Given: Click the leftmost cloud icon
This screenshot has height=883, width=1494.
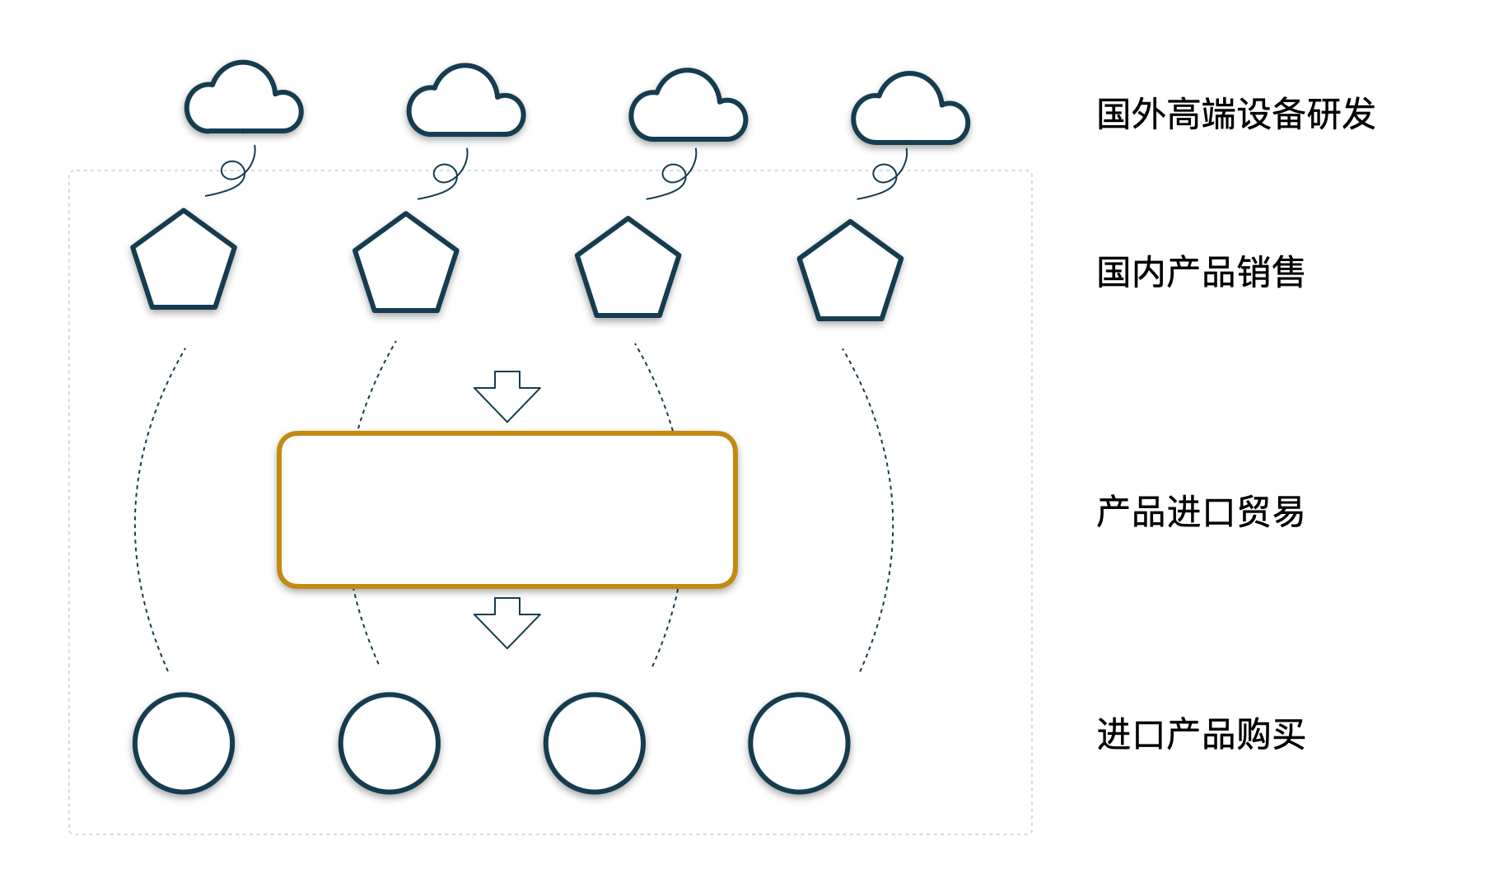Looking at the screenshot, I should pyautogui.click(x=244, y=100).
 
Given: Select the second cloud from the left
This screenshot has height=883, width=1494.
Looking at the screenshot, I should pyautogui.click(x=466, y=103).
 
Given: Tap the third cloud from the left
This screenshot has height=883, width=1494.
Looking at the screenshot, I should pyautogui.click(x=689, y=108).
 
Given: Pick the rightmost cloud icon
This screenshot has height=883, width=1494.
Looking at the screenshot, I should pyautogui.click(x=911, y=111).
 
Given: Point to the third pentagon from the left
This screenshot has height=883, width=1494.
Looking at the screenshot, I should pyautogui.click(x=628, y=269).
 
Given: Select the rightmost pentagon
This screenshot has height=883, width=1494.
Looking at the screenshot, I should pyautogui.click(x=851, y=273).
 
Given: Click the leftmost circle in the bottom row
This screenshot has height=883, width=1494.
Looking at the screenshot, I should pyautogui.click(x=184, y=743).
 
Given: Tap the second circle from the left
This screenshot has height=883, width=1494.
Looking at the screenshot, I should pyautogui.click(x=390, y=743).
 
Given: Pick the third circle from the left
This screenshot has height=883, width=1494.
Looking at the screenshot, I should pyautogui.click(x=595, y=743).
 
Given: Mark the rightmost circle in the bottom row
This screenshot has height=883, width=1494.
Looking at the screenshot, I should pyautogui.click(x=799, y=743).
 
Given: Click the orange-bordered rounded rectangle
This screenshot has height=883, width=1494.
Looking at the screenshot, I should pyautogui.click(x=507, y=510).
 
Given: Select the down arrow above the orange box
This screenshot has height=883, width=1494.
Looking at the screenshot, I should pyautogui.click(x=507, y=396).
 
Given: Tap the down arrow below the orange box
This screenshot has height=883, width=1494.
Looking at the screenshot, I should pyautogui.click(x=507, y=623).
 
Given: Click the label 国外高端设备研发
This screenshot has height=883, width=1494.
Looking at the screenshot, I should pyautogui.click(x=1235, y=114).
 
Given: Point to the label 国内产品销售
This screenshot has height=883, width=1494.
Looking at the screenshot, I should pyautogui.click(x=1201, y=273).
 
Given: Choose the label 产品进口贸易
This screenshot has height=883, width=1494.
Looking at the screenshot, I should pyautogui.click(x=1201, y=512).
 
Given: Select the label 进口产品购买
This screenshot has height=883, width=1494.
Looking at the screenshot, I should pyautogui.click(x=1201, y=734).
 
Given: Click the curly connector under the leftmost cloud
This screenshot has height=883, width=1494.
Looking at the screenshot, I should pyautogui.click(x=234, y=173).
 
